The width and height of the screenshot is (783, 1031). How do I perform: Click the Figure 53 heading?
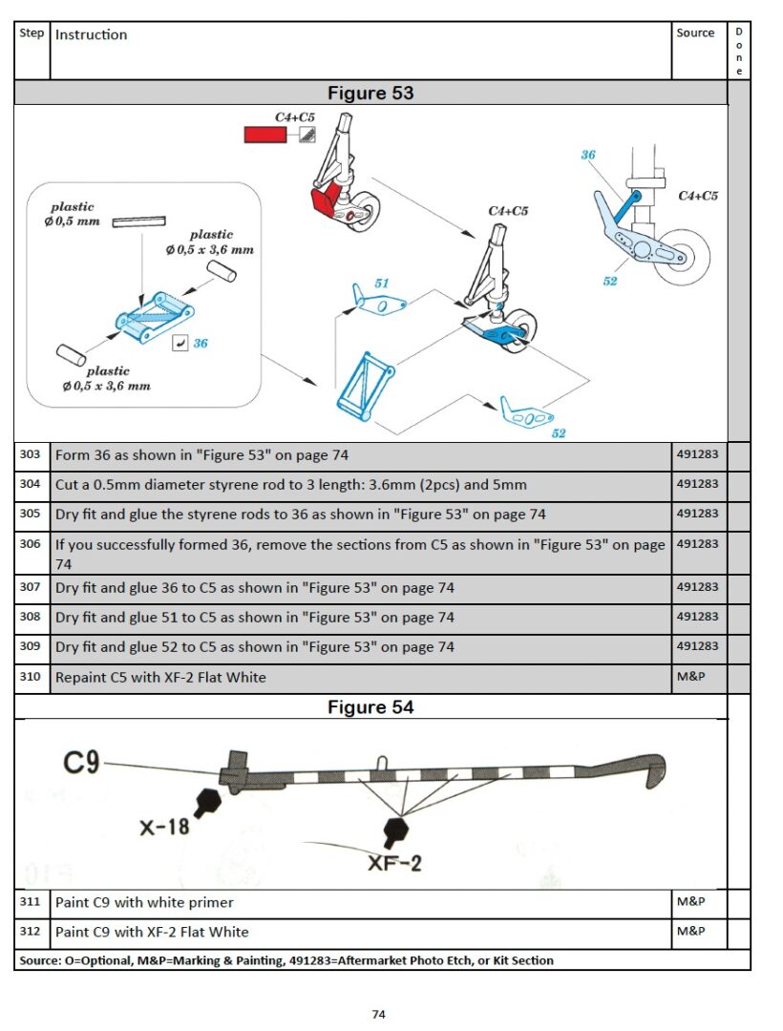(x=370, y=93)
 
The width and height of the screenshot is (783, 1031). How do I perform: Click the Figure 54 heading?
(x=370, y=707)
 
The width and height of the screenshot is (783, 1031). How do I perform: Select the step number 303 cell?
(x=31, y=454)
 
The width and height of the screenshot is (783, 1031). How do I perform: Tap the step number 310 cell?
(x=31, y=677)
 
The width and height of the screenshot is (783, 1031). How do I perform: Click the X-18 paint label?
(x=164, y=827)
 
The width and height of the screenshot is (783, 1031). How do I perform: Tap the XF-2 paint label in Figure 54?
(x=394, y=862)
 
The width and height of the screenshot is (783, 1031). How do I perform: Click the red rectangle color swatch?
(x=265, y=135)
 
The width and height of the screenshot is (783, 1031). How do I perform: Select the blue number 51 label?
(x=382, y=284)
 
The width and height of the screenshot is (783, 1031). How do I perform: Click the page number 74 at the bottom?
(x=378, y=1015)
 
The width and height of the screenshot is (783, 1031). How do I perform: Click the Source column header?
(x=695, y=33)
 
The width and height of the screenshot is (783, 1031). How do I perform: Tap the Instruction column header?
(x=92, y=35)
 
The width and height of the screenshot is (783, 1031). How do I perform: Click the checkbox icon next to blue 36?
(x=179, y=344)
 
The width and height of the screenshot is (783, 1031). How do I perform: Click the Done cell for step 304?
(x=738, y=484)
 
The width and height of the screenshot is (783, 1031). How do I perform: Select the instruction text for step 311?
(x=144, y=902)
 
